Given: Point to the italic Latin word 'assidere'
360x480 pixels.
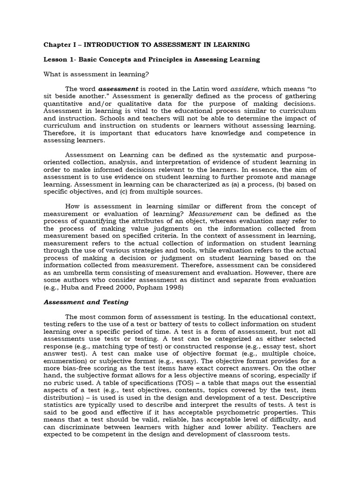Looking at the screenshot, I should point(243,89).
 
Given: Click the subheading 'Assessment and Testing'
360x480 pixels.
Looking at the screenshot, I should point(86,302).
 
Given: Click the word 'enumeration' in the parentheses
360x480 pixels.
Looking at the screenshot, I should point(63,360).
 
